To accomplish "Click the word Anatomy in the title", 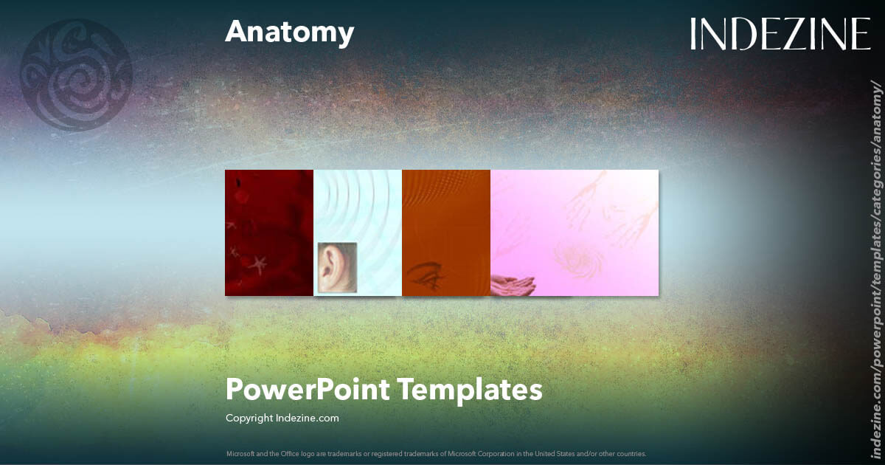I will (x=289, y=33).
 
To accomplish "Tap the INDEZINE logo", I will (x=780, y=34).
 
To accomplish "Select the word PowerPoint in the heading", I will (x=308, y=389).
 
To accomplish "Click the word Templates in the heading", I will (x=472, y=389).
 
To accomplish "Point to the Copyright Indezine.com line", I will (x=282, y=418).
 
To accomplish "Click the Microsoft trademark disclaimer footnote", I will (x=436, y=453).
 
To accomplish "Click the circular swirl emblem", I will (x=75, y=75).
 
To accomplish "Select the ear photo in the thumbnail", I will (x=337, y=267).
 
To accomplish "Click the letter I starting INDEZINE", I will (x=694, y=34).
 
